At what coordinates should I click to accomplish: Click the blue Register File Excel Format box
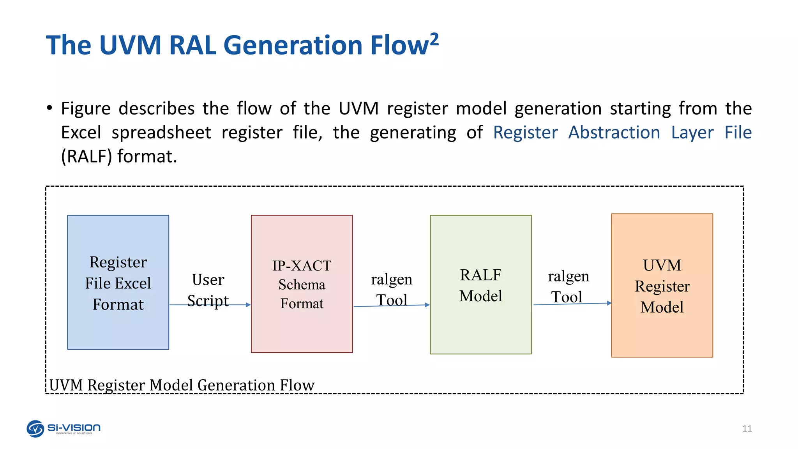[118, 283]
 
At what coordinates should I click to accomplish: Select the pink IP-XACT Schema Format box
[302, 284]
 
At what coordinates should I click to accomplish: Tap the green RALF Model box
[480, 285]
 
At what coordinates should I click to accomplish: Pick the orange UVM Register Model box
[662, 286]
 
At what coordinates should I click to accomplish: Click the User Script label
[208, 290]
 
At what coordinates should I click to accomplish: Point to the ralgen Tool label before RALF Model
[392, 290]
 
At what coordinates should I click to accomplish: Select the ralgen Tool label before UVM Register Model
[568, 286]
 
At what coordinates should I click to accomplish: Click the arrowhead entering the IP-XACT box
[249, 305]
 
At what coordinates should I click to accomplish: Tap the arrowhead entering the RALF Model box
[427, 305]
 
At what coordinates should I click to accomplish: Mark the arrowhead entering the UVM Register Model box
[609, 303]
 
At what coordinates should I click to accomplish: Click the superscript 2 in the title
[434, 40]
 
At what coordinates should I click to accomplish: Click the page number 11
[747, 429]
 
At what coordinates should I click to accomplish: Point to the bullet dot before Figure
[49, 108]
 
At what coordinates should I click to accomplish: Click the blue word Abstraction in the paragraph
[614, 133]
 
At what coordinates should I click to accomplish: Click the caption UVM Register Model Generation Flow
[182, 385]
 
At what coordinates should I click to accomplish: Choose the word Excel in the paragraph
[81, 133]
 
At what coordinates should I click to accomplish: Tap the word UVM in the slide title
[130, 45]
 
